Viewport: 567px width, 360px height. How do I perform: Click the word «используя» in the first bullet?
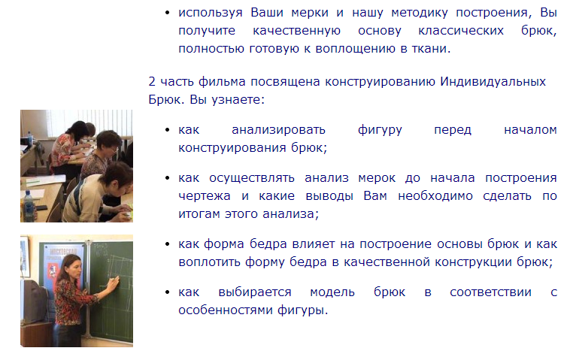[211, 13]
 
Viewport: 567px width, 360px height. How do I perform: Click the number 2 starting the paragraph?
[152, 81]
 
